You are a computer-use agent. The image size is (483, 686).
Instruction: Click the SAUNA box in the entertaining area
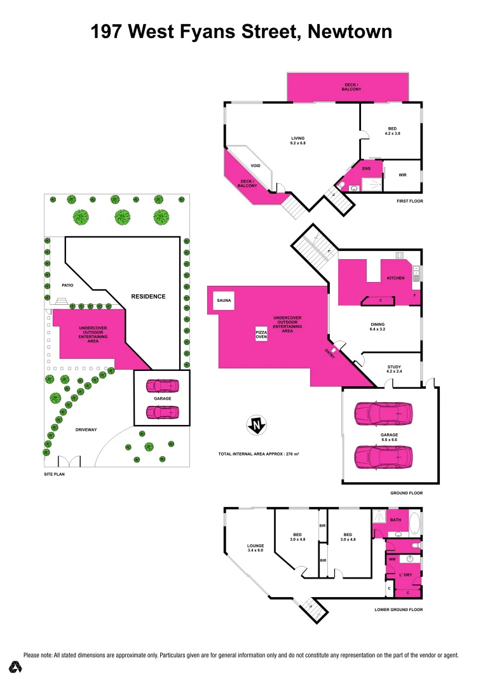(x=223, y=300)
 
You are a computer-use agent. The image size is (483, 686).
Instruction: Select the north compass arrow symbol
(x=256, y=426)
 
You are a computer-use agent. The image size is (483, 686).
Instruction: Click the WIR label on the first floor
(x=402, y=175)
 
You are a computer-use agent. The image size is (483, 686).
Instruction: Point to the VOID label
(x=255, y=166)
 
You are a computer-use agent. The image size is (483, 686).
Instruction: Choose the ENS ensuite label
(x=366, y=168)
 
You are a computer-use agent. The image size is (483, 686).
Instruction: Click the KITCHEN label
(x=395, y=278)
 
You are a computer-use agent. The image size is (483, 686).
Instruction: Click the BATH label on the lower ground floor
(x=396, y=520)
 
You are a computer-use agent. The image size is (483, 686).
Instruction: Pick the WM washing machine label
(x=392, y=560)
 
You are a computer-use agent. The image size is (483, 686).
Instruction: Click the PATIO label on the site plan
(x=67, y=285)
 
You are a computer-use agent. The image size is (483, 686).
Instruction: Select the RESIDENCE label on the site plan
(x=148, y=296)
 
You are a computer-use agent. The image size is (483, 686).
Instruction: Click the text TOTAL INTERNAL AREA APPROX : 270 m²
(x=259, y=455)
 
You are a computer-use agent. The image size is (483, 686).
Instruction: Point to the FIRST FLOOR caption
(x=407, y=201)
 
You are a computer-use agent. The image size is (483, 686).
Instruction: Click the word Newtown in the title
(x=350, y=31)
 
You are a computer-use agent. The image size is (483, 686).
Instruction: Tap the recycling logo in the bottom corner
(x=15, y=666)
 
